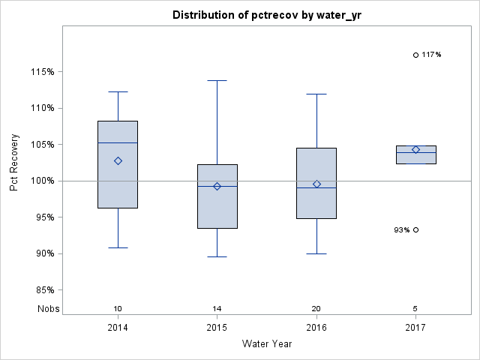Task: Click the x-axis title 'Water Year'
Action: [267, 344]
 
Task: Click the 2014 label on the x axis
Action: [118, 328]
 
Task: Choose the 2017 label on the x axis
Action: [415, 328]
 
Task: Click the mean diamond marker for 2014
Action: [118, 160]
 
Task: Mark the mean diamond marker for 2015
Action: [217, 186]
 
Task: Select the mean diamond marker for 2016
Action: [316, 184]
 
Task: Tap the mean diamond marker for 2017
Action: [415, 149]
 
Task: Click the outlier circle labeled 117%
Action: [415, 55]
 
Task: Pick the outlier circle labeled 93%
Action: [415, 229]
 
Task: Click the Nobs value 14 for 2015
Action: [217, 309]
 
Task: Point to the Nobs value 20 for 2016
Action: [316, 309]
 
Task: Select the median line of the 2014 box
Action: [118, 142]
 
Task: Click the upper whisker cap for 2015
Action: [217, 80]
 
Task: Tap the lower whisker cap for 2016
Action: [316, 253]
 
